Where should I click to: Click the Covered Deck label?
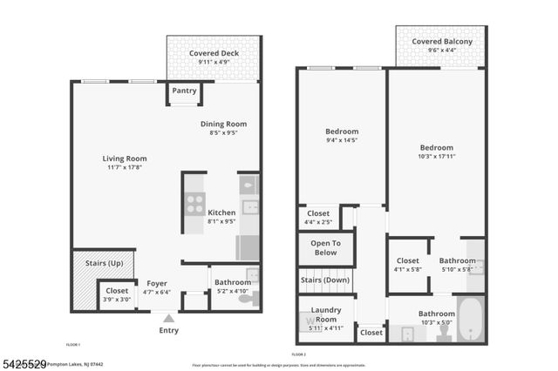pyautogui.click(x=214, y=53)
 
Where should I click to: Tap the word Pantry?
pyautogui.click(x=184, y=91)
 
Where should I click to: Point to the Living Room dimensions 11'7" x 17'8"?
pyautogui.click(x=124, y=167)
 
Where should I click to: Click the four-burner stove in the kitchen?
pyautogui.click(x=194, y=202)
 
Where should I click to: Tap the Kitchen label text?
pyautogui.click(x=221, y=212)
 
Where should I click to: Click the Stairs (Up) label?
pyautogui.click(x=104, y=262)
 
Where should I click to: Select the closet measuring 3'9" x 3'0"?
pyautogui.click(x=116, y=295)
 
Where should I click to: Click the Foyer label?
pyautogui.click(x=156, y=283)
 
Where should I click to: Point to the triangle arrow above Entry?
pyautogui.click(x=168, y=320)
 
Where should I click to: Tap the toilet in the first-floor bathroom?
pyautogui.click(x=247, y=299)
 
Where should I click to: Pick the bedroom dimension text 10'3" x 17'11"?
pyautogui.click(x=436, y=157)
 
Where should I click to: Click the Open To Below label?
pyautogui.click(x=325, y=247)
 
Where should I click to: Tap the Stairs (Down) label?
pyautogui.click(x=325, y=280)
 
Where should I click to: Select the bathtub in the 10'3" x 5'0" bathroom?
pyautogui.click(x=471, y=320)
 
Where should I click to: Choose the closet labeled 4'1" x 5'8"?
pyautogui.click(x=408, y=265)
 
